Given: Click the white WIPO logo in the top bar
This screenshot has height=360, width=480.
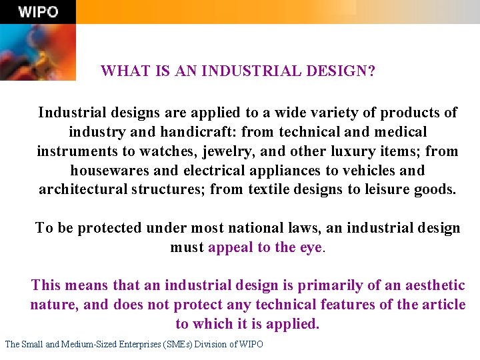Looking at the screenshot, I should (38, 12).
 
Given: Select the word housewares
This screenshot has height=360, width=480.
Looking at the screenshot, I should (109, 171).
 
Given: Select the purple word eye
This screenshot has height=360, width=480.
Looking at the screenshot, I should (310, 247).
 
